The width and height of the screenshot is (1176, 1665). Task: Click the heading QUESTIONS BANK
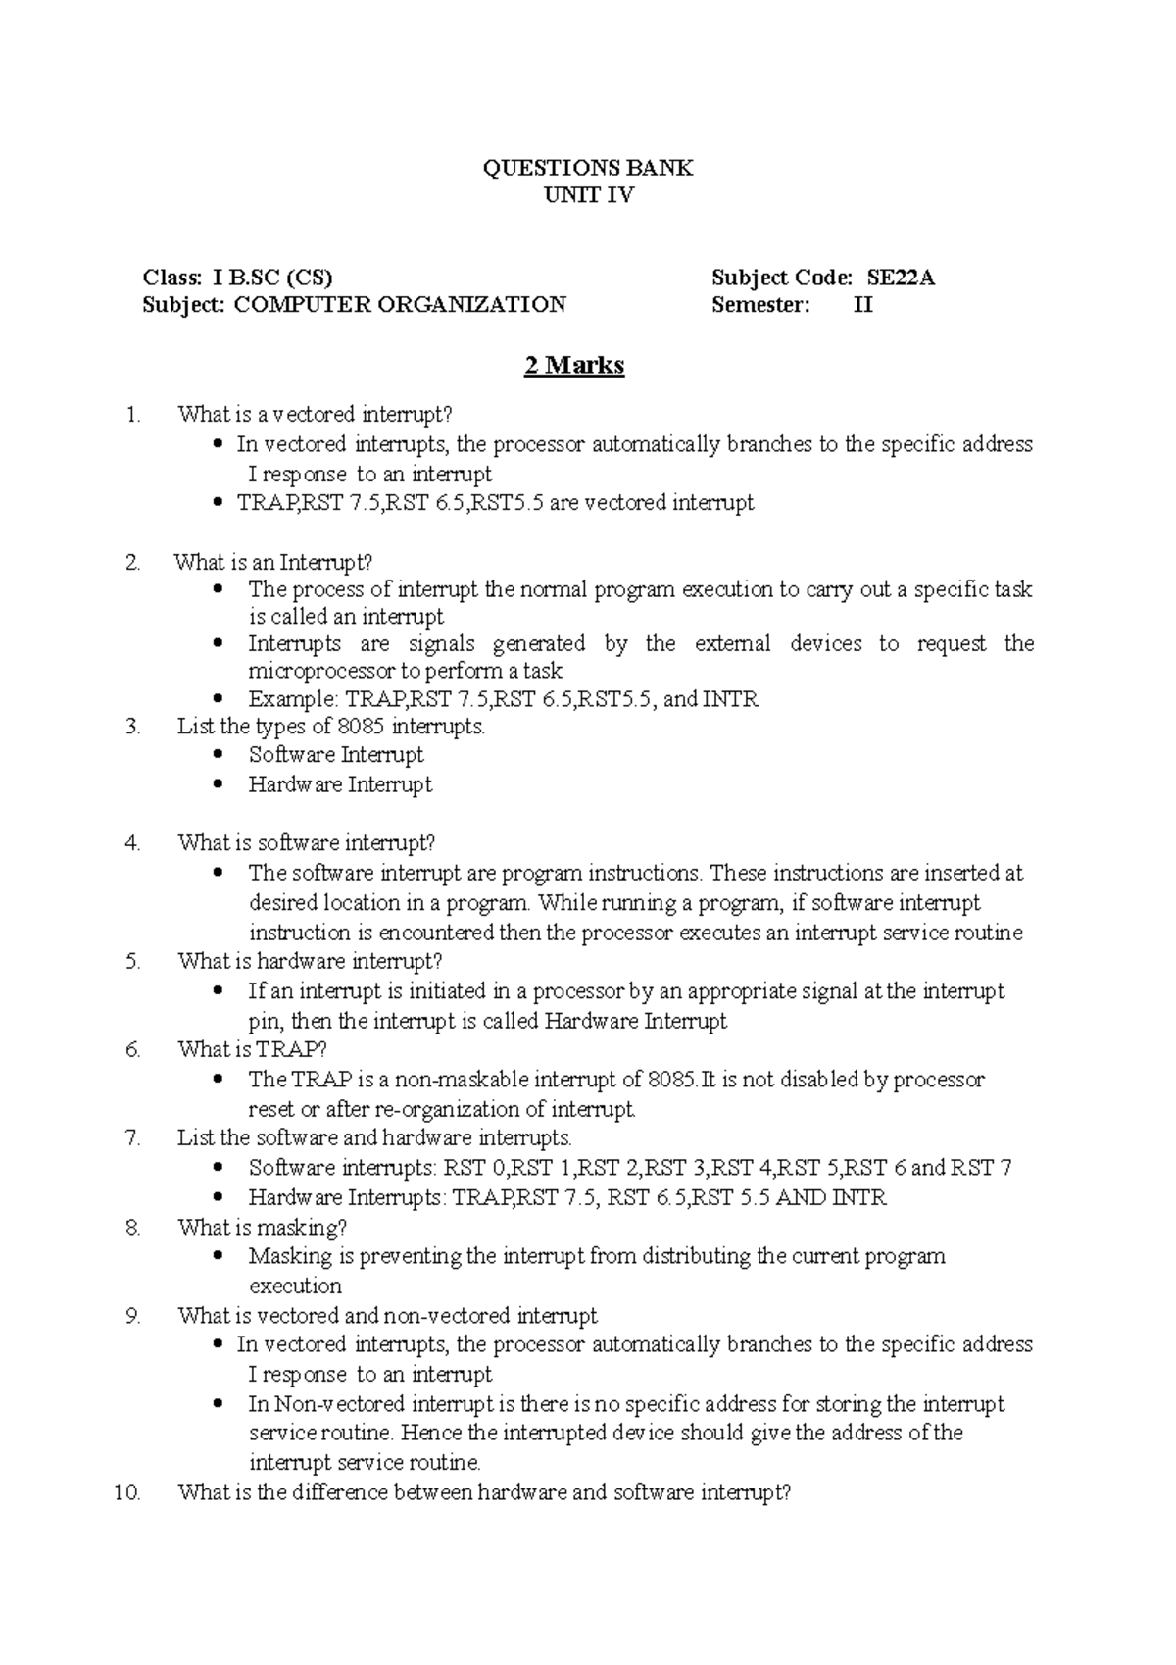click(x=588, y=168)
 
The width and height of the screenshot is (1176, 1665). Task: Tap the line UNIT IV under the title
click(x=588, y=194)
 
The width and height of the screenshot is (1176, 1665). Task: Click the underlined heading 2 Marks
click(x=574, y=366)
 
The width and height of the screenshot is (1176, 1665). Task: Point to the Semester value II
click(x=862, y=305)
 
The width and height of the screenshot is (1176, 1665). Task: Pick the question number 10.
click(x=127, y=1492)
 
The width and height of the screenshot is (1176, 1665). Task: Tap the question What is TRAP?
click(x=252, y=1049)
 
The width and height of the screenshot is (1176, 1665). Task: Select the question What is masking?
click(x=262, y=1227)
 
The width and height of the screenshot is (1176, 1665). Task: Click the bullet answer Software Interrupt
click(x=335, y=755)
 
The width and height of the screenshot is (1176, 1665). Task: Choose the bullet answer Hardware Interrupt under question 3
click(x=340, y=784)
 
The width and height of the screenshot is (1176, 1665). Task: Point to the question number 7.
click(x=133, y=1137)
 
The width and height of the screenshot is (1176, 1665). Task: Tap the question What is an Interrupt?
click(x=273, y=562)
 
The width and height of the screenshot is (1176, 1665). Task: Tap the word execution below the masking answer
click(x=295, y=1286)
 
